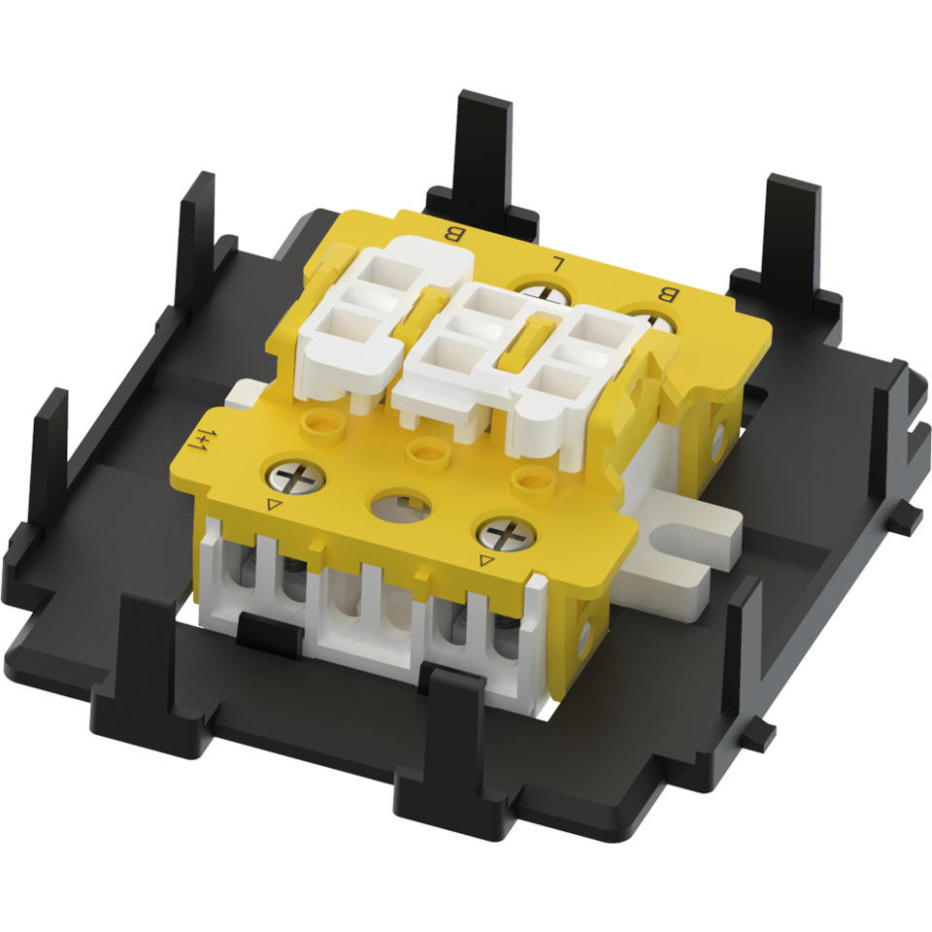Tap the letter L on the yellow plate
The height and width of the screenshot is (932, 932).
coord(558,263)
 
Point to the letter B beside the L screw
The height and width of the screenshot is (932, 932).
coord(668,295)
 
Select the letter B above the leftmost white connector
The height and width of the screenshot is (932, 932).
coord(453,234)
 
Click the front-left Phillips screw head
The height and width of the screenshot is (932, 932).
coord(295,476)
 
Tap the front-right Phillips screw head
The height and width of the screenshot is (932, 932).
coord(507,533)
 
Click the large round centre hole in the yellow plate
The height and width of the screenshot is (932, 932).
coord(400,506)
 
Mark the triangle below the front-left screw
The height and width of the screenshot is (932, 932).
coord(274,505)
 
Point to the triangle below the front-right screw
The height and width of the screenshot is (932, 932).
coord(486,559)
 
